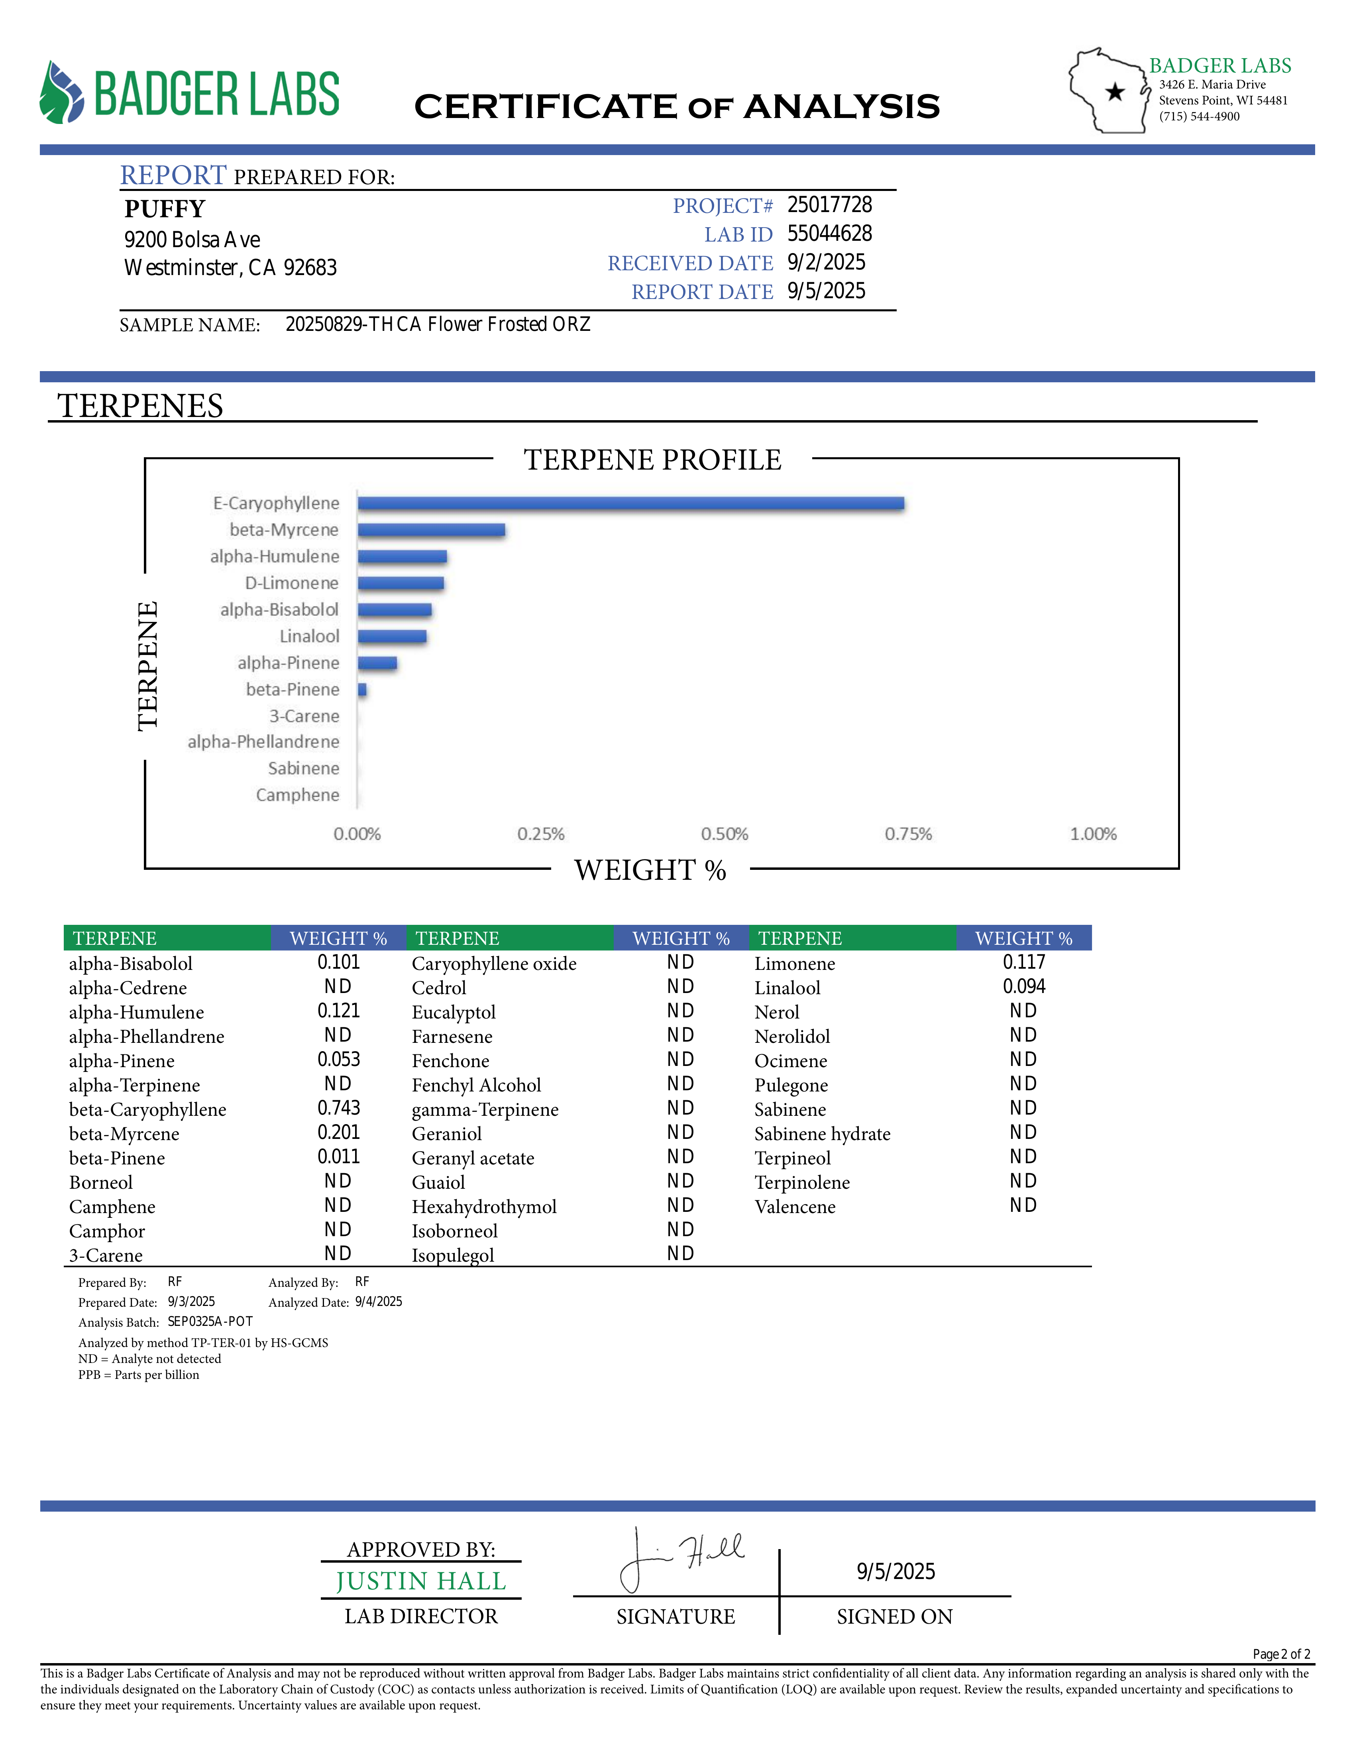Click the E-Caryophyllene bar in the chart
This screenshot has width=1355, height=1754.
631,503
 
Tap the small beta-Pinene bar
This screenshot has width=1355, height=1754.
362,690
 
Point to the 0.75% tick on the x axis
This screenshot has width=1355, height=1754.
908,834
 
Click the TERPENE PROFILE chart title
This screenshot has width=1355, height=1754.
653,460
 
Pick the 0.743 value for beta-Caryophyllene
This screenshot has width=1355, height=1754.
339,1108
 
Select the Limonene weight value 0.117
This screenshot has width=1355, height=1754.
1023,962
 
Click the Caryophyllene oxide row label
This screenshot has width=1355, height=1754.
494,964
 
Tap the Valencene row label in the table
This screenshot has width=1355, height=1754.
795,1207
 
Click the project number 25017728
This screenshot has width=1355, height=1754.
829,206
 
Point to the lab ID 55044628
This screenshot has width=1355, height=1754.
829,234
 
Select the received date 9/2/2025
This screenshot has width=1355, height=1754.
826,263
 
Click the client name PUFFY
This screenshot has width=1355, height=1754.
165,209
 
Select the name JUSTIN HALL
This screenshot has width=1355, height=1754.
420,1581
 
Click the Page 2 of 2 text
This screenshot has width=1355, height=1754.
1281,1654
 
